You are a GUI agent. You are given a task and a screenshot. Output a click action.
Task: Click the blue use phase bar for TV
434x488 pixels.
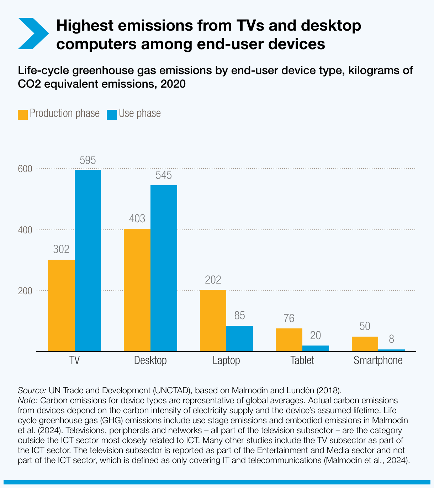click(x=88, y=260)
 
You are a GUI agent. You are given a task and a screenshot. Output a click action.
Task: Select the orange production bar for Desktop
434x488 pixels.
click(x=137, y=290)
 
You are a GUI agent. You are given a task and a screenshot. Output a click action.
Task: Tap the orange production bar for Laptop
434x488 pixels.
click(x=213, y=321)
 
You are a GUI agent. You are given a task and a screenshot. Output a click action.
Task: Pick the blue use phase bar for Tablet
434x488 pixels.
click(x=316, y=348)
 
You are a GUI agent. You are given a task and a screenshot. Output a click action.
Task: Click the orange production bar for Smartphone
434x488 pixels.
click(x=365, y=344)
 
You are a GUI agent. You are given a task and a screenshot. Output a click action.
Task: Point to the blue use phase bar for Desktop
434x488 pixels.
click(x=164, y=268)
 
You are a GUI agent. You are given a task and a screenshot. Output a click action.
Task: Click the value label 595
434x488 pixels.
click(x=88, y=161)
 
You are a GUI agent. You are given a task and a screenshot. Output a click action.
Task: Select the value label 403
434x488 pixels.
click(x=137, y=219)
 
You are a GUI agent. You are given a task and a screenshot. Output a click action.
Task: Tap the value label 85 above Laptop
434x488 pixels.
click(x=239, y=316)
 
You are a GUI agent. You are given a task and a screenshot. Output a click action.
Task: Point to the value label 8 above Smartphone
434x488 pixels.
click(x=391, y=339)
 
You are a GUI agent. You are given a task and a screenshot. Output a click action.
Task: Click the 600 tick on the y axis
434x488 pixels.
click(x=25, y=169)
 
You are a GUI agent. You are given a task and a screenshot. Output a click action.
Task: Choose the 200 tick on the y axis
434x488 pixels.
click(x=25, y=291)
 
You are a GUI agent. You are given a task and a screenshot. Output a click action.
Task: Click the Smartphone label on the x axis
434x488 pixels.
click(x=378, y=360)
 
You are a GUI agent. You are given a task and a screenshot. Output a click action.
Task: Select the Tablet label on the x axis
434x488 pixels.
click(x=302, y=360)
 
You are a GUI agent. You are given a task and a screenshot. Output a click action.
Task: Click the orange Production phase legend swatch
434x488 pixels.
click(x=23, y=114)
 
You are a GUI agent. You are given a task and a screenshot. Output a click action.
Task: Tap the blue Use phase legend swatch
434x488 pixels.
click(x=112, y=114)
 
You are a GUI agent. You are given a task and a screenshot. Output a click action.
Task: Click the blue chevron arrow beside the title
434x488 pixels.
click(x=33, y=33)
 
